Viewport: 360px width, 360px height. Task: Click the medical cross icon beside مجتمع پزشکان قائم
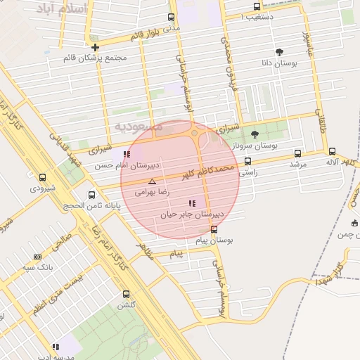click(96, 47)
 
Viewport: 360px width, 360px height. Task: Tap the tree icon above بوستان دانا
click(280, 51)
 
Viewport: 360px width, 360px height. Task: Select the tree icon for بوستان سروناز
click(255, 134)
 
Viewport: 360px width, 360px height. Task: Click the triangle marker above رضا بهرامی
click(152, 181)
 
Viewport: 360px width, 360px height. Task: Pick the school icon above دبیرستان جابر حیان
click(193, 203)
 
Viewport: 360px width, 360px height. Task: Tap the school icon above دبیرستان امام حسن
click(127, 154)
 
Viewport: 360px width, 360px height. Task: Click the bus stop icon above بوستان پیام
click(214, 229)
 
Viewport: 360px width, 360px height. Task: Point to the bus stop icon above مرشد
click(297, 153)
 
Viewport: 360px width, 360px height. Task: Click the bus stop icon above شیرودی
click(42, 178)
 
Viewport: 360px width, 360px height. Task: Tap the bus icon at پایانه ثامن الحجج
click(91, 195)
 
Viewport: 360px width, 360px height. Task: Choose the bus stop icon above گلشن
click(126, 294)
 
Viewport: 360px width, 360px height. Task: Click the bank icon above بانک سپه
click(37, 257)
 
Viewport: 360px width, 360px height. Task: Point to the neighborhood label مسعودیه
click(139, 126)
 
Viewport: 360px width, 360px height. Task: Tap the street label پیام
click(176, 253)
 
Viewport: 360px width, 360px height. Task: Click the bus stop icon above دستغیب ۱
click(257, 6)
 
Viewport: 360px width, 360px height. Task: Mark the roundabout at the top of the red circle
click(195, 133)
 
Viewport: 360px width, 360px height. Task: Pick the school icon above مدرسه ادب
click(55, 347)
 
